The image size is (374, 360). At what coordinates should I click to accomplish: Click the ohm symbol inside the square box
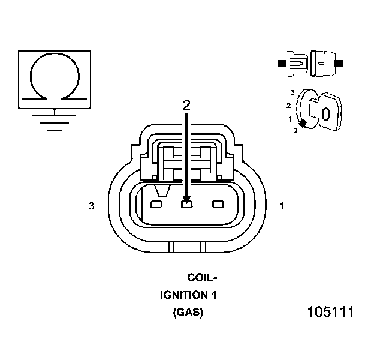tap(55, 76)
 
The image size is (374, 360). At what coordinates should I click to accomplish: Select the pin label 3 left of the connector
tap(91, 206)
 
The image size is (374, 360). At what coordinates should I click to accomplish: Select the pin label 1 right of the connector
tap(282, 206)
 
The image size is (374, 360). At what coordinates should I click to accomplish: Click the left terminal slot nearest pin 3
tap(156, 205)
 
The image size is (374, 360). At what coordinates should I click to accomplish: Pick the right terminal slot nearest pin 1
tap(216, 205)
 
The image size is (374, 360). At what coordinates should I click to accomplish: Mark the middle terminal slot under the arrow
tap(186, 205)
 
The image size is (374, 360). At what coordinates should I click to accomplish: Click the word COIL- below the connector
tap(202, 278)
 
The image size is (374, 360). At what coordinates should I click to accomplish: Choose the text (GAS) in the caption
tap(188, 313)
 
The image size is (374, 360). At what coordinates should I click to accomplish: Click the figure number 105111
tap(330, 313)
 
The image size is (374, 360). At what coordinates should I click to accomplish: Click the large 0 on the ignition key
tap(325, 113)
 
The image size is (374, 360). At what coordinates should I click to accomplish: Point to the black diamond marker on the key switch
tap(303, 123)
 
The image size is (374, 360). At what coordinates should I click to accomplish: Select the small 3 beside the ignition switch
tap(292, 92)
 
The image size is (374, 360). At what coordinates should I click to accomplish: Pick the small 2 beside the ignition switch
tap(289, 106)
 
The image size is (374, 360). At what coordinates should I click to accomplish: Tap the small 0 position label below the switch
tap(295, 130)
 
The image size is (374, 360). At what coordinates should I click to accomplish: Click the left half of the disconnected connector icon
tap(295, 62)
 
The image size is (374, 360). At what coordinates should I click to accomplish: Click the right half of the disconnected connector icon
tap(324, 62)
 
